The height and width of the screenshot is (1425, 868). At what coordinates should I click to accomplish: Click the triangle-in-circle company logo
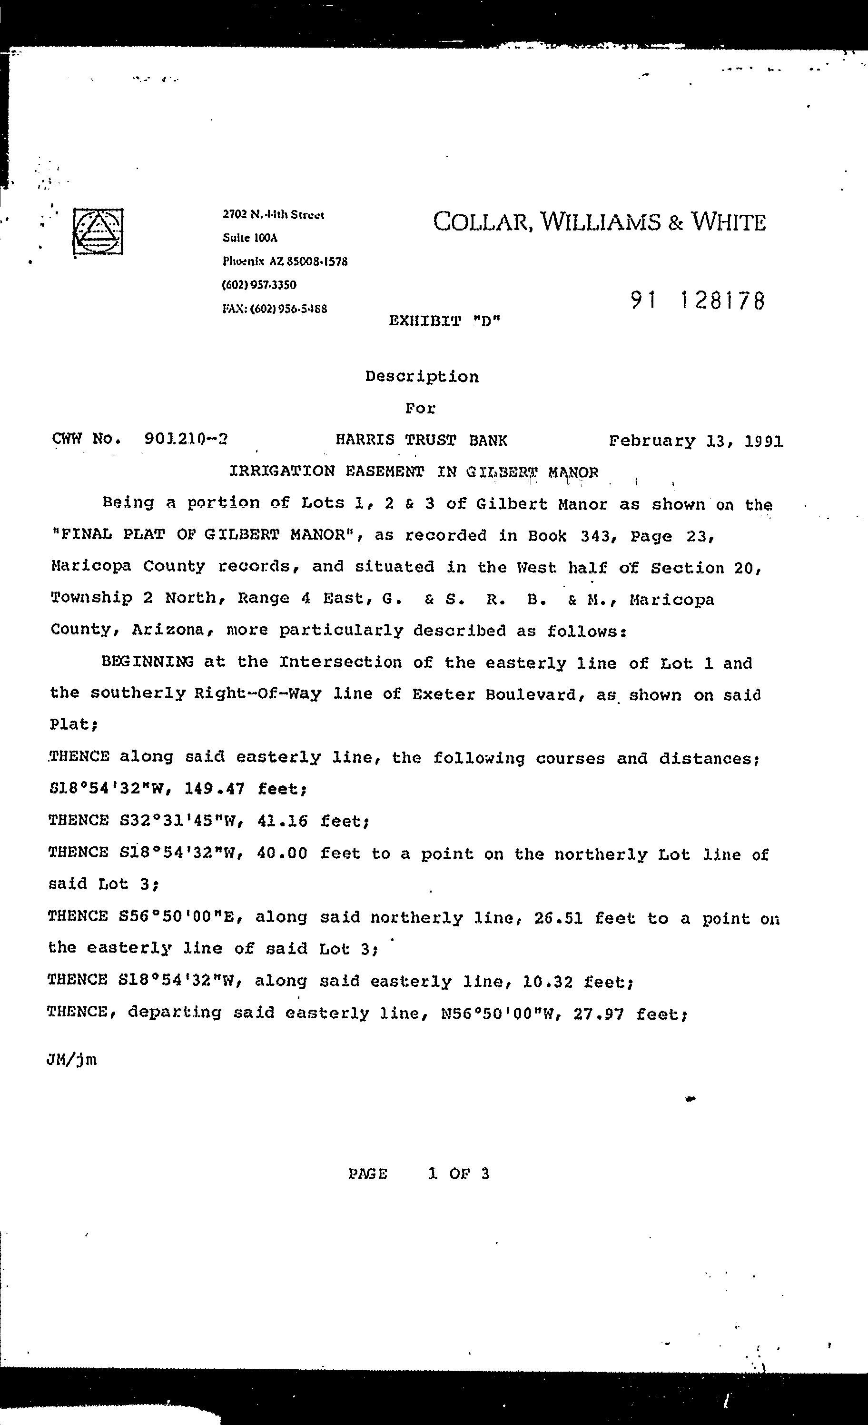tap(98, 232)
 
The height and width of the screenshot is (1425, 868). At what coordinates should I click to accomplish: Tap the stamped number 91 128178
tap(698, 300)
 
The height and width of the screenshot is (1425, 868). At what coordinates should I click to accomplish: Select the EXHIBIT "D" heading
tap(444, 321)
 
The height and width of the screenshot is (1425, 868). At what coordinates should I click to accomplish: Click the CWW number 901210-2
tap(186, 439)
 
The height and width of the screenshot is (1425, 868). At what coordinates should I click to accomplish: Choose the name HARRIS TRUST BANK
tap(421, 441)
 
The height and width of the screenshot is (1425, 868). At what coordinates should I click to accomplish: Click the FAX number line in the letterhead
tap(275, 309)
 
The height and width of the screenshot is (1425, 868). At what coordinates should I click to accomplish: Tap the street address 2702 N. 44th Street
tap(273, 214)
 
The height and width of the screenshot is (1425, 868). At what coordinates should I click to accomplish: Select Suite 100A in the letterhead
tap(250, 238)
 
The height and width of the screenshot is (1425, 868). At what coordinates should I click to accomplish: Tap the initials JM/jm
tap(72, 1060)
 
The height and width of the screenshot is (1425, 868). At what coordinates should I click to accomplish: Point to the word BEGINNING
tap(148, 662)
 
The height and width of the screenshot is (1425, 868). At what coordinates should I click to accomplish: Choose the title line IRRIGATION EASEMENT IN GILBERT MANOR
tap(414, 472)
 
